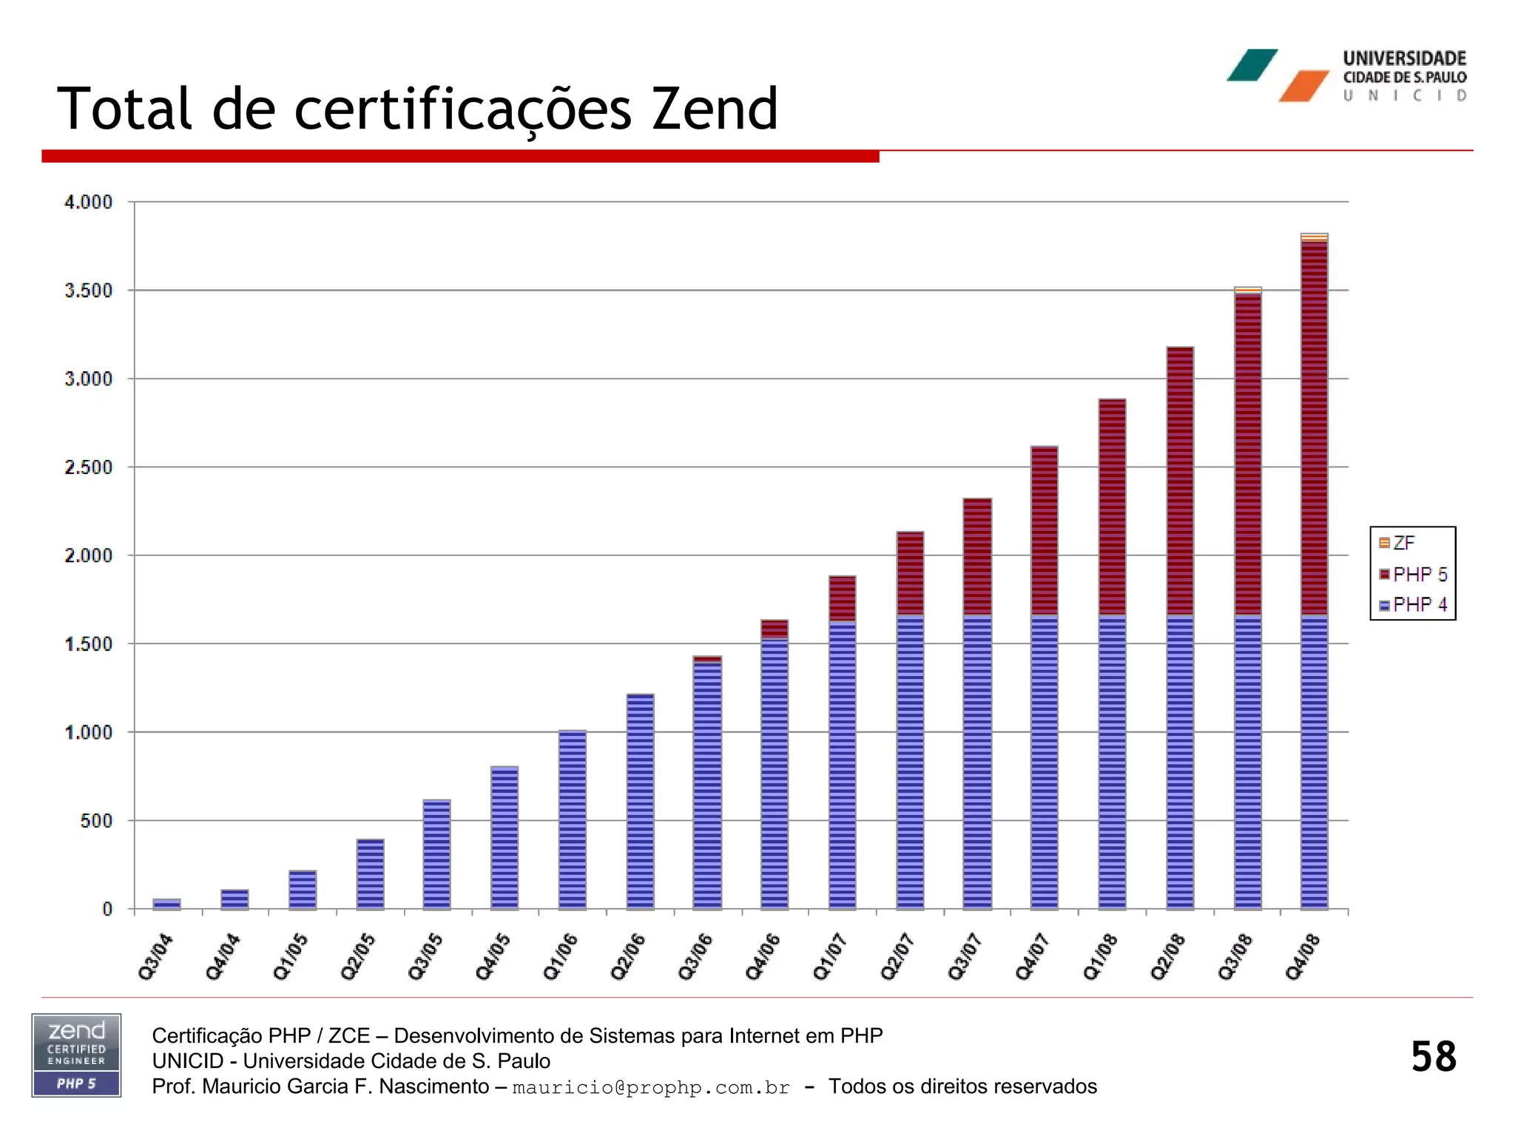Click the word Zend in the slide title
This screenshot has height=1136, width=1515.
715,109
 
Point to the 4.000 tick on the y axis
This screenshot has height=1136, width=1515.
88,202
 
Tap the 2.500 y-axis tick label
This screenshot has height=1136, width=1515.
88,467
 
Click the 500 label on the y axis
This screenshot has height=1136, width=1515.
96,820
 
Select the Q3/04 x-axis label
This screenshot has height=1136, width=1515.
155,957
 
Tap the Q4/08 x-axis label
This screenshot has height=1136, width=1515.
1303,957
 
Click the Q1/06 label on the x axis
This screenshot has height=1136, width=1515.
560,957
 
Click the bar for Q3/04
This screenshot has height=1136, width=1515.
166,904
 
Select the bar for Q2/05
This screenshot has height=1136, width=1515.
370,874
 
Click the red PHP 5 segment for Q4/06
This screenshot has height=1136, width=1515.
775,629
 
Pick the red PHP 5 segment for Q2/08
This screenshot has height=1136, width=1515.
1180,481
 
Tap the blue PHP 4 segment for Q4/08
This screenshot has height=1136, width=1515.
1315,762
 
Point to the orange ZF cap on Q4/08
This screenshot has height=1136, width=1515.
1315,237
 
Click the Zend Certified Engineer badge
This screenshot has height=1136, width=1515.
76,1055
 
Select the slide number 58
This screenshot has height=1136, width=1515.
1433,1056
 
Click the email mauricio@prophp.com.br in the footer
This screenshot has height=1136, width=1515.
651,1087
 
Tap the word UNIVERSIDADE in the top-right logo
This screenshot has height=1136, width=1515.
1404,58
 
